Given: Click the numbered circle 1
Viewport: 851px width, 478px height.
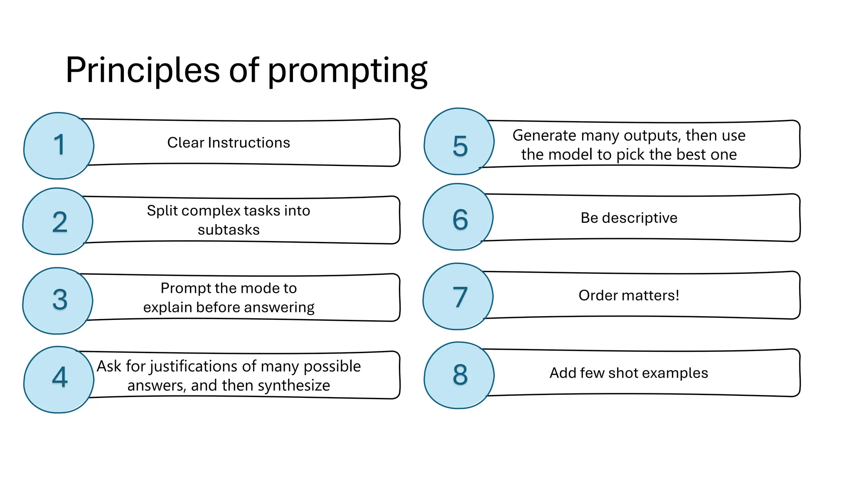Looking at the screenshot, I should [x=59, y=146].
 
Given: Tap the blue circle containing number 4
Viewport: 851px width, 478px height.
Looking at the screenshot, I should [x=59, y=379].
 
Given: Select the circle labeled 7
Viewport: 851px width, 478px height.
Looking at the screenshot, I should [x=458, y=296].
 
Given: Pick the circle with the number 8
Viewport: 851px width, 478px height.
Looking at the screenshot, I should [x=459, y=375].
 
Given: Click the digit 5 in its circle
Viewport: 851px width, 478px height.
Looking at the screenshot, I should [x=460, y=146].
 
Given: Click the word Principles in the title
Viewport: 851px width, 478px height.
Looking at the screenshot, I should [x=143, y=70].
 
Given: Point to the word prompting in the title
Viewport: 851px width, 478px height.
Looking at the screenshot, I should [x=347, y=71].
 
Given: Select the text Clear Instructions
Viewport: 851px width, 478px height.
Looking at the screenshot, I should [x=229, y=143].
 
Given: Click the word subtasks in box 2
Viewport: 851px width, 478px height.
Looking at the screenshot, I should [x=229, y=230].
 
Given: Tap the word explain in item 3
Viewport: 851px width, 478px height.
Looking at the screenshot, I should [x=168, y=307].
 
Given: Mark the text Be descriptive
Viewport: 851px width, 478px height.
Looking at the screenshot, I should [x=629, y=218].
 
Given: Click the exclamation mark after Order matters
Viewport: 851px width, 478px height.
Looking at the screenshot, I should [x=677, y=295].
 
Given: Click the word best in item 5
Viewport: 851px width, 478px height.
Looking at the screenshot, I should [x=691, y=154].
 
